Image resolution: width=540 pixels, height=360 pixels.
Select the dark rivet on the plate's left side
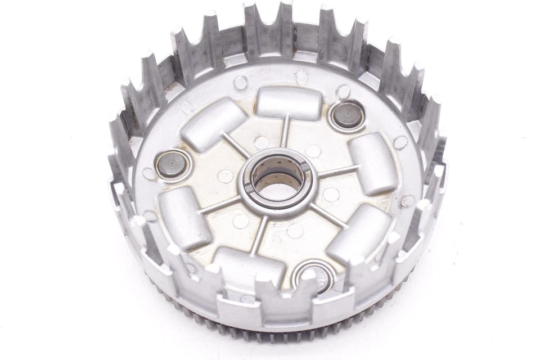[x=170, y=165]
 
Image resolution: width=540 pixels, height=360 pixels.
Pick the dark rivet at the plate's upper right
[x=348, y=115]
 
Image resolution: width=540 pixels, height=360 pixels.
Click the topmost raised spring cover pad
[x=289, y=103]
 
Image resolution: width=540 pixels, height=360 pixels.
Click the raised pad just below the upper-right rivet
[x=373, y=163]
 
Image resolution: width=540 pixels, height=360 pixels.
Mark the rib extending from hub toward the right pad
[x=336, y=172]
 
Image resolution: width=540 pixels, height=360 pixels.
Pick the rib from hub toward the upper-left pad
[x=236, y=145]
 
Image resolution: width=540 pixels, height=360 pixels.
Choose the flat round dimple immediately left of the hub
[x=225, y=177]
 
